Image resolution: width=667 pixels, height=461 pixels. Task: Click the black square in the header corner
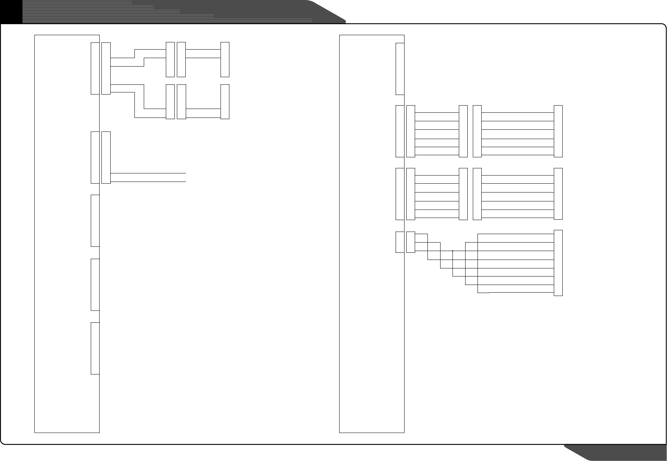pos(11,11)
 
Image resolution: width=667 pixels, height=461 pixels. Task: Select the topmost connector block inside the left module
pos(95,68)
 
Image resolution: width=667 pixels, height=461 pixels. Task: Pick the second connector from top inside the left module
pos(95,157)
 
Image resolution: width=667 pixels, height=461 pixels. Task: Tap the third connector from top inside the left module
pos(95,221)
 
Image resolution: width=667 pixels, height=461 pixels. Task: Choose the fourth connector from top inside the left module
pos(95,285)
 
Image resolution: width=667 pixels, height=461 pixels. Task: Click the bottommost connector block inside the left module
pos(95,348)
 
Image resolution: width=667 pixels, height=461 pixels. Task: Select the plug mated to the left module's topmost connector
pos(106,68)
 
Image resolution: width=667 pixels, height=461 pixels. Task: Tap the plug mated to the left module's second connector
pos(106,157)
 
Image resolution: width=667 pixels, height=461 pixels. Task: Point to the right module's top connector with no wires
pos(399,69)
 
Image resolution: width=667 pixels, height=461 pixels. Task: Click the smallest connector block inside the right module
pos(399,242)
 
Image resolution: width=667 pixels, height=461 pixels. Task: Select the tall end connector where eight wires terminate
pos(558,263)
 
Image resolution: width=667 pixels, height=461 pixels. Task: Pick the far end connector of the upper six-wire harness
pos(558,131)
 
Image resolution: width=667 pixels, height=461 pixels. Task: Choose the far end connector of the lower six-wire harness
pos(558,194)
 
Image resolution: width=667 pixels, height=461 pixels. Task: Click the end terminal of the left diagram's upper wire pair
pos(225,59)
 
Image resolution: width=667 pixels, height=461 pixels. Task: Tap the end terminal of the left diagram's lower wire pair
pos(225,102)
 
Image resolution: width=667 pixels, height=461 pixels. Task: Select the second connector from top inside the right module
pos(399,131)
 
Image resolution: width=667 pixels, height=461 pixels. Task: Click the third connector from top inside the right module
pos(399,194)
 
